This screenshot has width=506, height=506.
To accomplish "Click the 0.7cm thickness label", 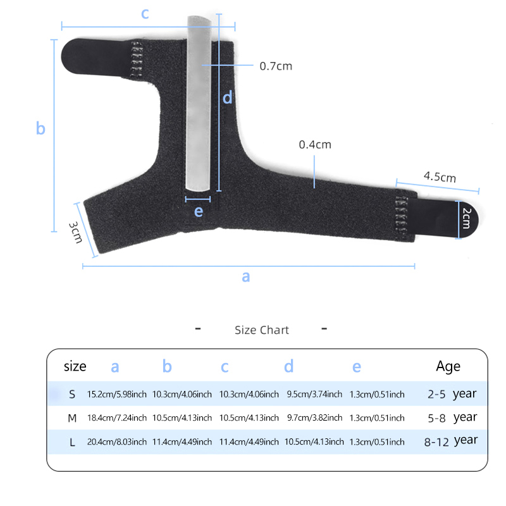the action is [276, 66].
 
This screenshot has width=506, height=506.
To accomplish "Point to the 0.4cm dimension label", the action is [315, 145].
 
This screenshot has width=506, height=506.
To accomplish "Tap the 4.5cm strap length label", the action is [440, 177].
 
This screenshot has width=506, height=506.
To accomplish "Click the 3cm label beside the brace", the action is [75, 232].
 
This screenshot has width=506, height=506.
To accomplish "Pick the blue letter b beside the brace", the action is [40, 128].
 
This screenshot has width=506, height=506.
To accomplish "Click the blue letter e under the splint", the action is [199, 211].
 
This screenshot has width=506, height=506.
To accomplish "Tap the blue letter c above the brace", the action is [145, 13].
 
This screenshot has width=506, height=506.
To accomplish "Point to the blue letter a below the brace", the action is [246, 276].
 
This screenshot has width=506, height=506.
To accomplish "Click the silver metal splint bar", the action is [199, 103].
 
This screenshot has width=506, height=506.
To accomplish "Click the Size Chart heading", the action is [262, 330].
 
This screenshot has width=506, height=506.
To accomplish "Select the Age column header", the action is [448, 367].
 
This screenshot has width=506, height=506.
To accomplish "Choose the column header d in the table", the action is [289, 366].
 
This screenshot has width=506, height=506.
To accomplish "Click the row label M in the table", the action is [72, 418].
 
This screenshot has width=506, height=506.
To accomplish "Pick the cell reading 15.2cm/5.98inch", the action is [117, 394].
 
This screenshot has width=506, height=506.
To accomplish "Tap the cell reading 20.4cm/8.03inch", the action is [117, 441].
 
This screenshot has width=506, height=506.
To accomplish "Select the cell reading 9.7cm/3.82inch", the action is [314, 418].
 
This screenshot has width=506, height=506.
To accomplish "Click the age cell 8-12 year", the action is [451, 441].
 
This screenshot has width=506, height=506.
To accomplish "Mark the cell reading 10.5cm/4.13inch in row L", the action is [314, 441].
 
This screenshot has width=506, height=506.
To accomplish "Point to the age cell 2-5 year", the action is [452, 394].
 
